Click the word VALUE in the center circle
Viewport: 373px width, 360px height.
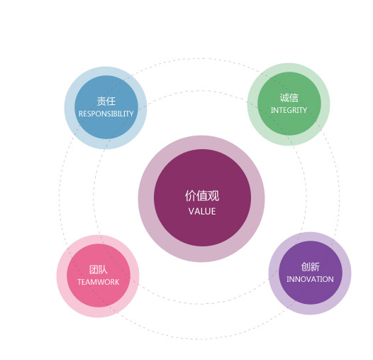(x=202, y=212)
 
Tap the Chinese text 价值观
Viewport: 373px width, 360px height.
(x=202, y=196)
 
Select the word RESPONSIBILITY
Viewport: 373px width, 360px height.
(x=106, y=114)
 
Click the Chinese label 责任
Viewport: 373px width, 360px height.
(x=106, y=102)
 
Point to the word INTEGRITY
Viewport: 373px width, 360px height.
(x=289, y=110)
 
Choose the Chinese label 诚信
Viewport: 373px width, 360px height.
(x=289, y=98)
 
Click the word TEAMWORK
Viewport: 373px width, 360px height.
(x=99, y=282)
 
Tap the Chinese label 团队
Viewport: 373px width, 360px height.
(x=99, y=270)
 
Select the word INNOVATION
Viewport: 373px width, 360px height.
(x=310, y=279)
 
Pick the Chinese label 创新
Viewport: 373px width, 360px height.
(x=310, y=267)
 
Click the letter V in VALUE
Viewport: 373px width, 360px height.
(x=191, y=212)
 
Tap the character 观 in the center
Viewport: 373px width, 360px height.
(x=213, y=196)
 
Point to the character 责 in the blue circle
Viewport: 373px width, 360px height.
(x=101, y=102)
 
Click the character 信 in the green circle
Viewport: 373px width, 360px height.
(x=294, y=98)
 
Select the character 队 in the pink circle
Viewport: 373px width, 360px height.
(x=103, y=270)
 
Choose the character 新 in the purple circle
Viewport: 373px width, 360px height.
(x=315, y=267)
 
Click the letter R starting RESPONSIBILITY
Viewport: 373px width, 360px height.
(x=81, y=114)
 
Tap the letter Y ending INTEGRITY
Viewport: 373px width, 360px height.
(x=304, y=110)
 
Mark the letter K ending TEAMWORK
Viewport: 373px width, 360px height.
(x=117, y=282)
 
